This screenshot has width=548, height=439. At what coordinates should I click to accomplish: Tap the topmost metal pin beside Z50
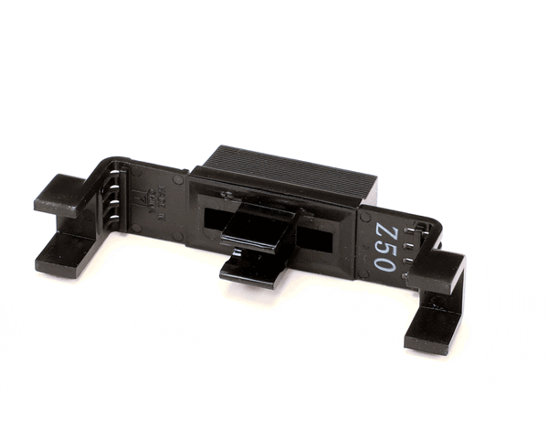tap(414, 228)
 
